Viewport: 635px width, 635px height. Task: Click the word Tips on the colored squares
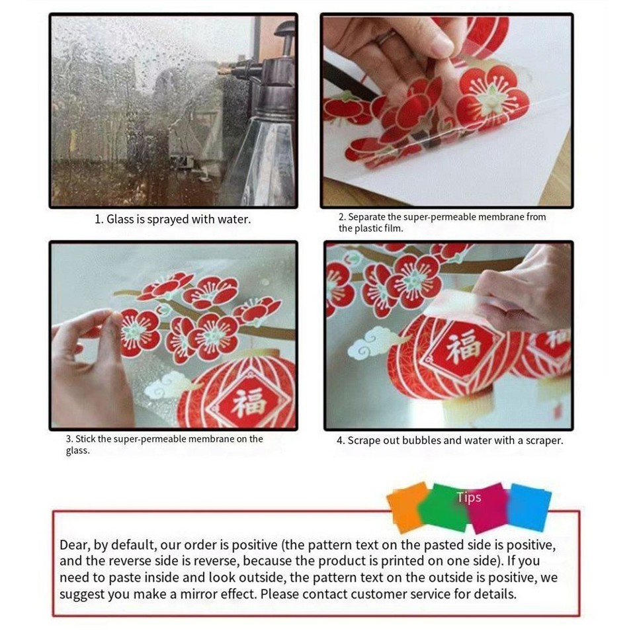pyautogui.click(x=468, y=497)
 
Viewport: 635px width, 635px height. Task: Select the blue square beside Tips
pyautogui.click(x=529, y=507)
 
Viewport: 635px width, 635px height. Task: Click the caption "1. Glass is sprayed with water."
pyautogui.click(x=172, y=219)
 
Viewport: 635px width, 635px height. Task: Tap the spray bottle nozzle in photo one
pyautogui.click(x=228, y=69)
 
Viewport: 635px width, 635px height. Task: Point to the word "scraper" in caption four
pyautogui.click(x=540, y=440)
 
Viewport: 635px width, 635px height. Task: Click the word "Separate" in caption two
pyautogui.click(x=371, y=216)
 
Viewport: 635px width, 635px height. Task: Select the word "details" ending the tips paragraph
pyautogui.click(x=495, y=593)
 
